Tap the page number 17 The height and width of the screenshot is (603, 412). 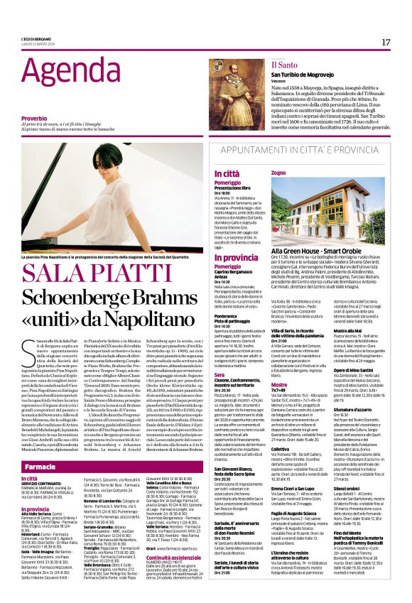(x=386, y=42)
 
